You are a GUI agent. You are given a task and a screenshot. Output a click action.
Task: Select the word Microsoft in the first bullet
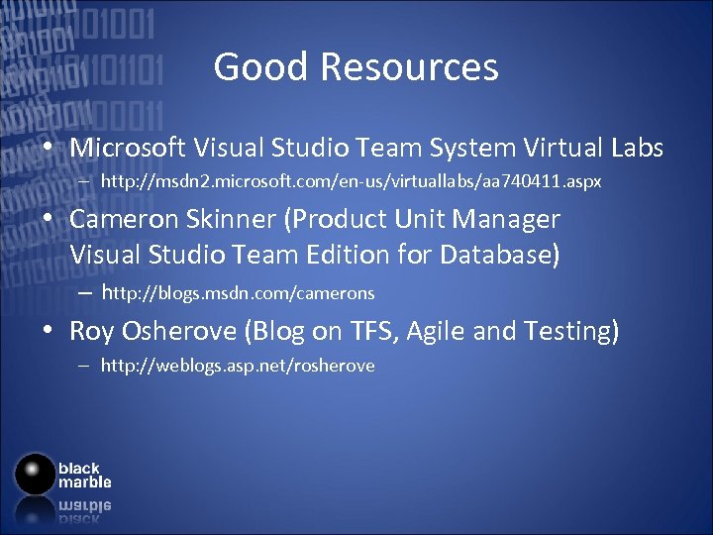click(128, 149)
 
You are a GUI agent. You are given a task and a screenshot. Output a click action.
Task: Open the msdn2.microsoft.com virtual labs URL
click(351, 183)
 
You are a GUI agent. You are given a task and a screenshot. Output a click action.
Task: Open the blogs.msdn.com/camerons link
click(238, 293)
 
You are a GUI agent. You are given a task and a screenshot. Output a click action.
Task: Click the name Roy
click(90, 331)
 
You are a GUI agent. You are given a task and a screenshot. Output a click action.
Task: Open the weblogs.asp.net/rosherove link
click(238, 366)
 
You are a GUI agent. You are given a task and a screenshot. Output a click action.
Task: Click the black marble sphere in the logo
click(35, 475)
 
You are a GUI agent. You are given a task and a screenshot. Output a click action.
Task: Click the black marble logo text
click(84, 476)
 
